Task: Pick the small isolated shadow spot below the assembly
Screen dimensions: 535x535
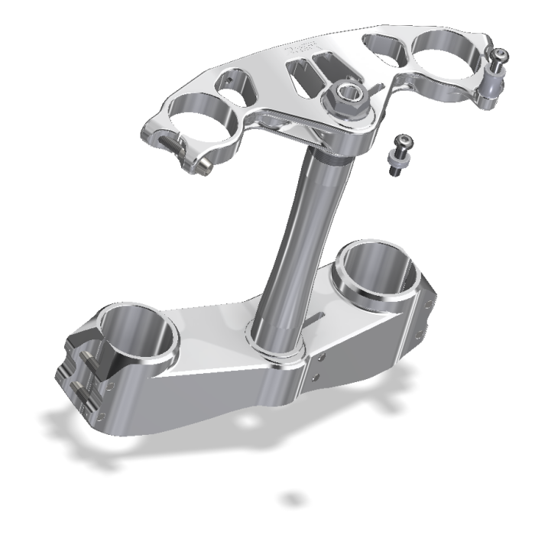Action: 292,499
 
